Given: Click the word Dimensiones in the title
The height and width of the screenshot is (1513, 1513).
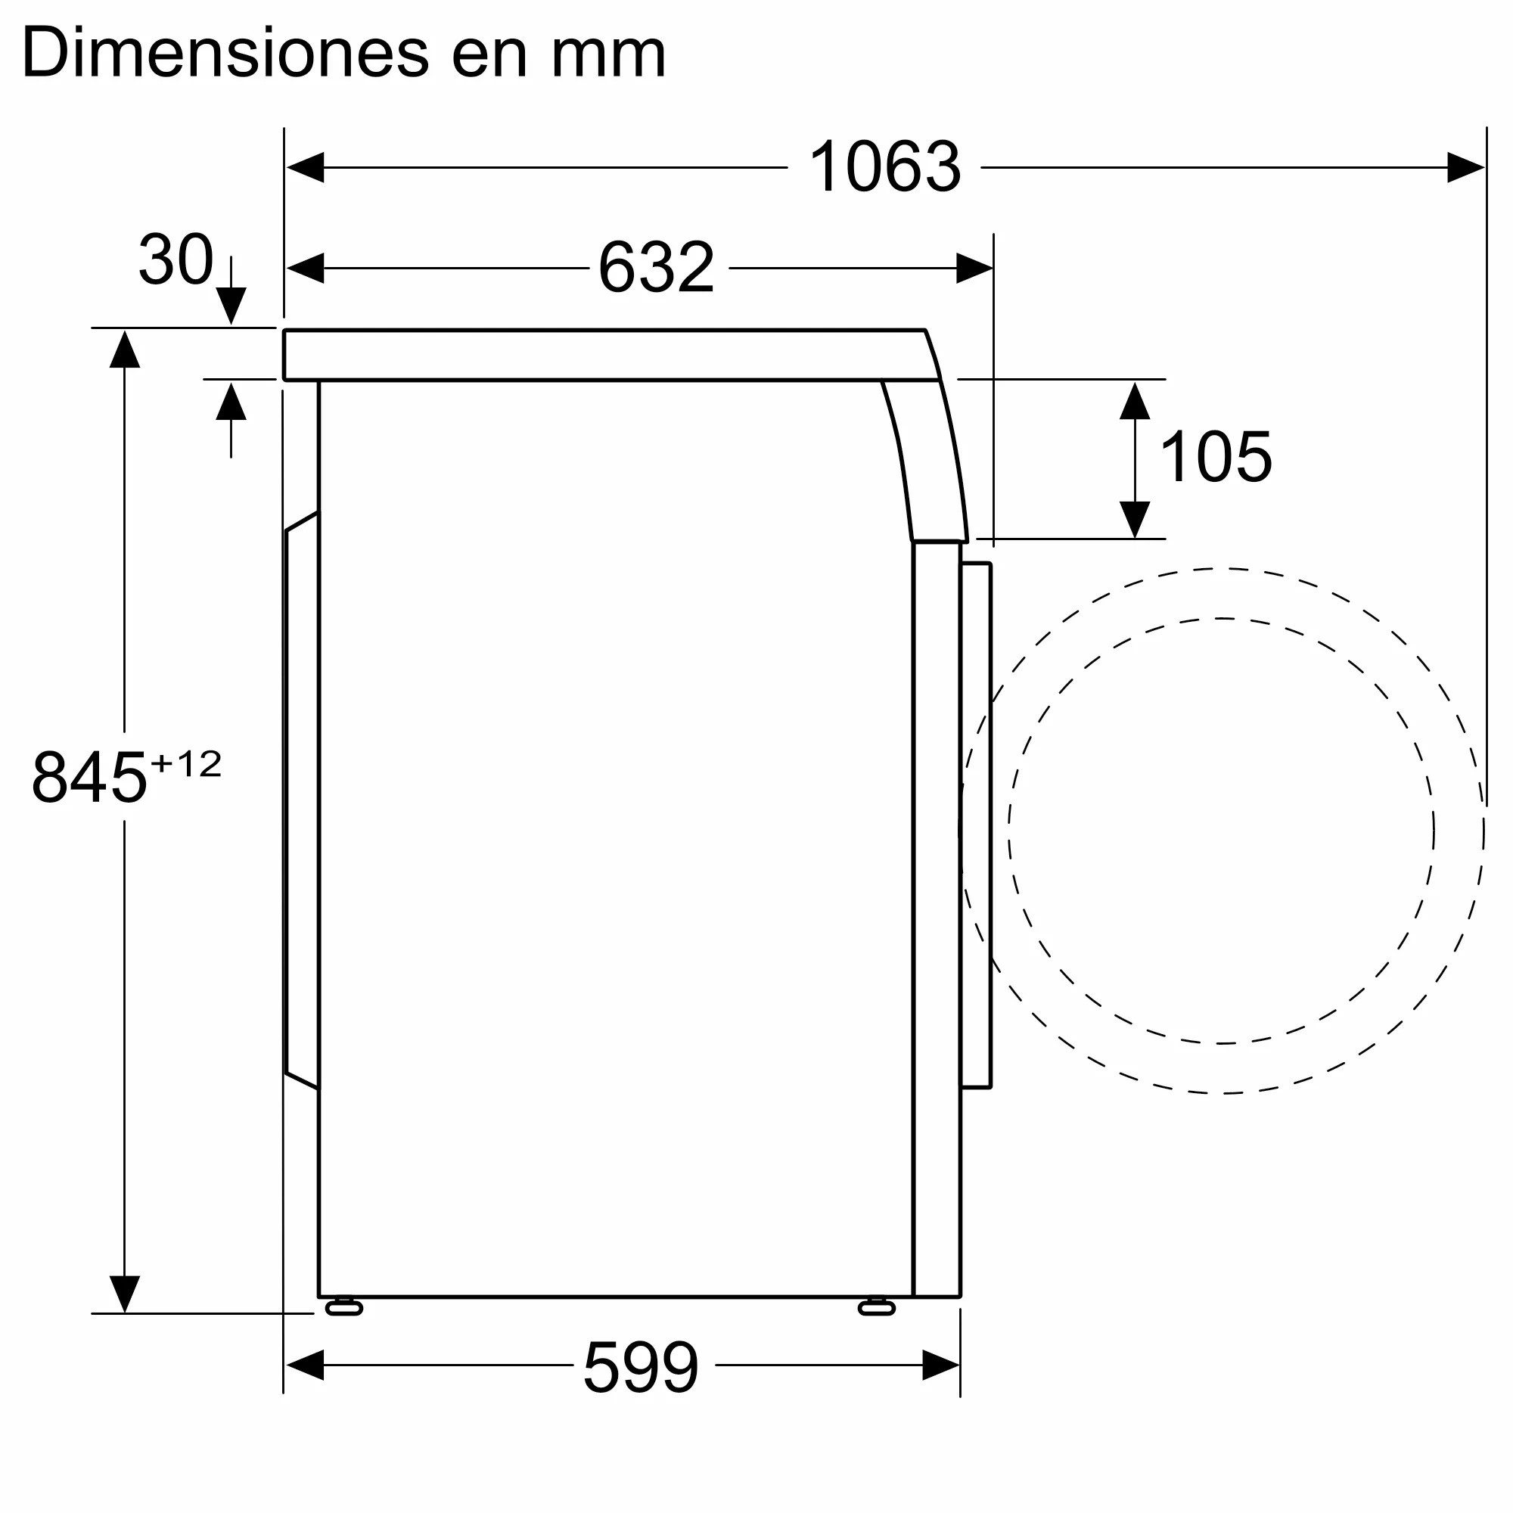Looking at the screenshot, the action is click(225, 53).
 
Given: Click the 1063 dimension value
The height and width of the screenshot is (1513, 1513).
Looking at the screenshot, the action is click(884, 166).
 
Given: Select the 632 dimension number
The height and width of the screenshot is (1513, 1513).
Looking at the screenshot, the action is click(656, 267).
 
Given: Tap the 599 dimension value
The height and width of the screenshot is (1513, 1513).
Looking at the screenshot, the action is click(641, 1367).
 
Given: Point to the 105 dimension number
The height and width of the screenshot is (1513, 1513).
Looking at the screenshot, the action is click(1216, 458).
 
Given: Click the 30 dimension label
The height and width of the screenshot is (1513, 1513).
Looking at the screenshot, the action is click(176, 259).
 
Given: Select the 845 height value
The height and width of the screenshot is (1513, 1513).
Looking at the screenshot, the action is click(89, 778).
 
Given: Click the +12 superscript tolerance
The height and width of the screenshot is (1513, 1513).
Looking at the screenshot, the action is click(185, 764).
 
